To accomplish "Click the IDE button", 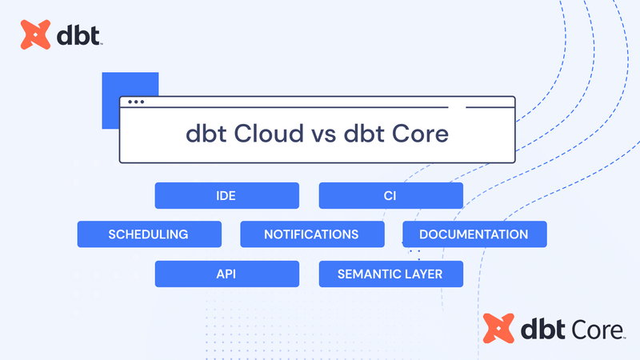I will pyautogui.click(x=226, y=195).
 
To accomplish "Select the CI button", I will pyautogui.click(x=390, y=195).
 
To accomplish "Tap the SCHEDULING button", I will pyautogui.click(x=149, y=234).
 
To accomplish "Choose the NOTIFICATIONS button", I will pyautogui.click(x=312, y=234).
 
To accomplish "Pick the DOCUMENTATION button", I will pyautogui.click(x=474, y=234).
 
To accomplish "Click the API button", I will pyautogui.click(x=226, y=274).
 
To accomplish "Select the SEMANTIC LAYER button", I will pyautogui.click(x=390, y=274).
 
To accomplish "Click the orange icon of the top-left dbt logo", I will pyautogui.click(x=36, y=35).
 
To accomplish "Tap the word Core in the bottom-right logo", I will pyautogui.click(x=594, y=329).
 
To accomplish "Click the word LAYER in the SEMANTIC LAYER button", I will pyautogui.click(x=442, y=274).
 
